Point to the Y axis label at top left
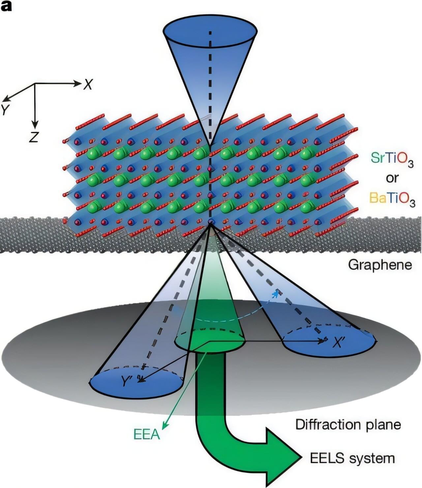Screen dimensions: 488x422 coord(4,110)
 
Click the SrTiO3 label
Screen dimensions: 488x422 coord(392,159)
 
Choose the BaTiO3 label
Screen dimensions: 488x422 coord(392,198)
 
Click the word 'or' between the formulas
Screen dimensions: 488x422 coord(392,178)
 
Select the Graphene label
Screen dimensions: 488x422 coord(380,265)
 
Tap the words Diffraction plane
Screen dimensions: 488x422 coord(348,425)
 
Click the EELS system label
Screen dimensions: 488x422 coord(352,458)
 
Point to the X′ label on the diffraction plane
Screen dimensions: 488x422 coord(338,343)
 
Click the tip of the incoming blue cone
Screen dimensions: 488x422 coord(210,145)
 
